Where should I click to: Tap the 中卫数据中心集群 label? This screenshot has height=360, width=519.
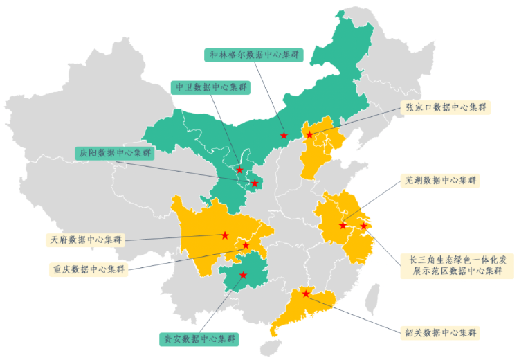click(x=210, y=87)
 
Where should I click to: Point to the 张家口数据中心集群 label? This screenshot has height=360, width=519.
click(x=446, y=107)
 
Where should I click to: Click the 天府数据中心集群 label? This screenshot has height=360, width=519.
click(x=86, y=240)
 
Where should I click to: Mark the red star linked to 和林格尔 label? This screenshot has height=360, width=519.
click(x=284, y=136)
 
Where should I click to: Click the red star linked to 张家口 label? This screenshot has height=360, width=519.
click(x=309, y=134)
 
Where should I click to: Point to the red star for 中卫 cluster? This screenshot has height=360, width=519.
click(x=239, y=170)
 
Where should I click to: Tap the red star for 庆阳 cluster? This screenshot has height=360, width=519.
click(x=255, y=183)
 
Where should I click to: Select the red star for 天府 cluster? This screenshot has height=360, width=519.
click(x=225, y=235)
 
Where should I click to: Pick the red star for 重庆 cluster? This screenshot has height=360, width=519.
click(x=246, y=245)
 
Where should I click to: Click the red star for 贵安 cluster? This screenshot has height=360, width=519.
click(x=243, y=275)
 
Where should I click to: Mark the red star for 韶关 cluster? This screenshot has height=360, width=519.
click(x=306, y=294)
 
